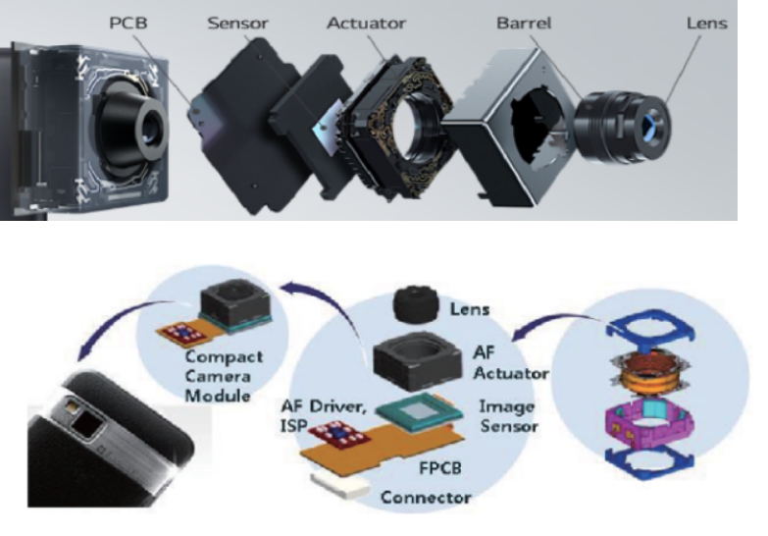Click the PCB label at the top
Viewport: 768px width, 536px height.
tap(128, 23)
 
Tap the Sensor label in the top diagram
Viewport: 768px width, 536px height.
tap(237, 23)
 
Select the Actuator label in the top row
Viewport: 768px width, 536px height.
tap(366, 23)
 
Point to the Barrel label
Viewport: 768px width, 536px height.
tap(524, 23)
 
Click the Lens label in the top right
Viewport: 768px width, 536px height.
tap(707, 23)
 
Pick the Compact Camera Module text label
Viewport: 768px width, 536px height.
tap(224, 376)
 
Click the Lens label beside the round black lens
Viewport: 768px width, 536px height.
tap(469, 309)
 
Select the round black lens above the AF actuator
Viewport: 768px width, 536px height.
tap(415, 305)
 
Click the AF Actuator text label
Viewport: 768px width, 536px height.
tap(510, 363)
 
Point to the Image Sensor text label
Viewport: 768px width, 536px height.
tap(508, 416)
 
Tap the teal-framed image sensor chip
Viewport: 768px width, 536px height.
tap(419, 411)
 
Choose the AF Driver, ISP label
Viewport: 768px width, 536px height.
tap(324, 416)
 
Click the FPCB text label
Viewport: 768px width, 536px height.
tap(440, 468)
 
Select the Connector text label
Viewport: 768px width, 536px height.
tap(426, 498)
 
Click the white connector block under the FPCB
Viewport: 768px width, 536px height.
tap(340, 485)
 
